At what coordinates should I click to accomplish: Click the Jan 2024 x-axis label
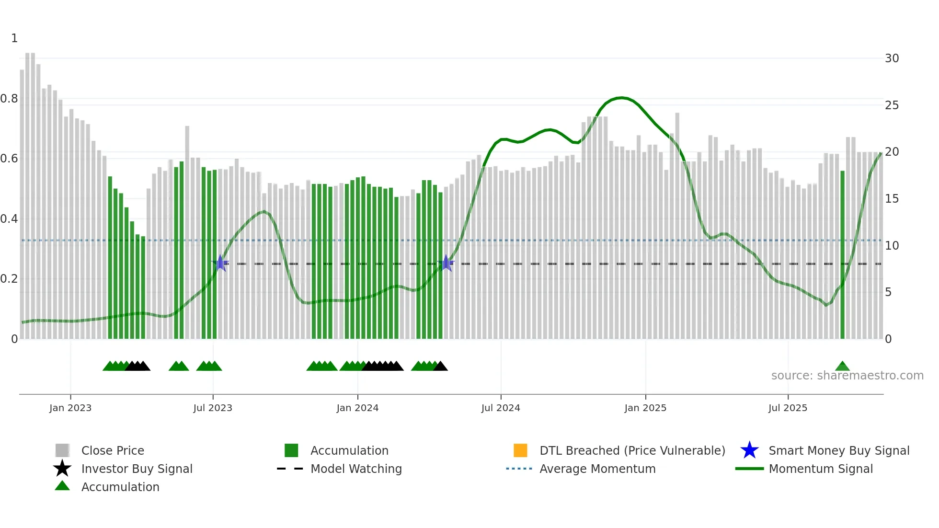[357, 408]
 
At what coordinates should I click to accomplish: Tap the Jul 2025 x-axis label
[788, 408]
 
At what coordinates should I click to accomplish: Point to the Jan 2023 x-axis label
[70, 408]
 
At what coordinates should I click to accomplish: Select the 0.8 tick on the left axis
[9, 99]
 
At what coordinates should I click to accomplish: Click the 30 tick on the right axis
[892, 58]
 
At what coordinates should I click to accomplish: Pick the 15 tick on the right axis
[892, 199]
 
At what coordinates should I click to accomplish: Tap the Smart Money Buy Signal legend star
[749, 450]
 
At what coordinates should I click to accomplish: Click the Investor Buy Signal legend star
[62, 469]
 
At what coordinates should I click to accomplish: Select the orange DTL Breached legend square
[520, 450]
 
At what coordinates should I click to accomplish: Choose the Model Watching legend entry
[356, 469]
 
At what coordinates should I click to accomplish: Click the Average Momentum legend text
[597, 469]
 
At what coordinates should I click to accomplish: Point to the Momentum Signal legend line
[749, 469]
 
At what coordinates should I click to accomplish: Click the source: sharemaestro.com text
[847, 376]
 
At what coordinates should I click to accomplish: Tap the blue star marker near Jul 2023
[220, 263]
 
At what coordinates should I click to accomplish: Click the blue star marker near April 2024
[446, 263]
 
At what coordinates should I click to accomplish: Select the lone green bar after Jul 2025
[842, 254]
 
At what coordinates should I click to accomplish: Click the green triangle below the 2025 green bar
[842, 367]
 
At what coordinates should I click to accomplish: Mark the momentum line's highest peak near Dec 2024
[621, 98]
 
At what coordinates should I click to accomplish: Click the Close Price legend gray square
[62, 450]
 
